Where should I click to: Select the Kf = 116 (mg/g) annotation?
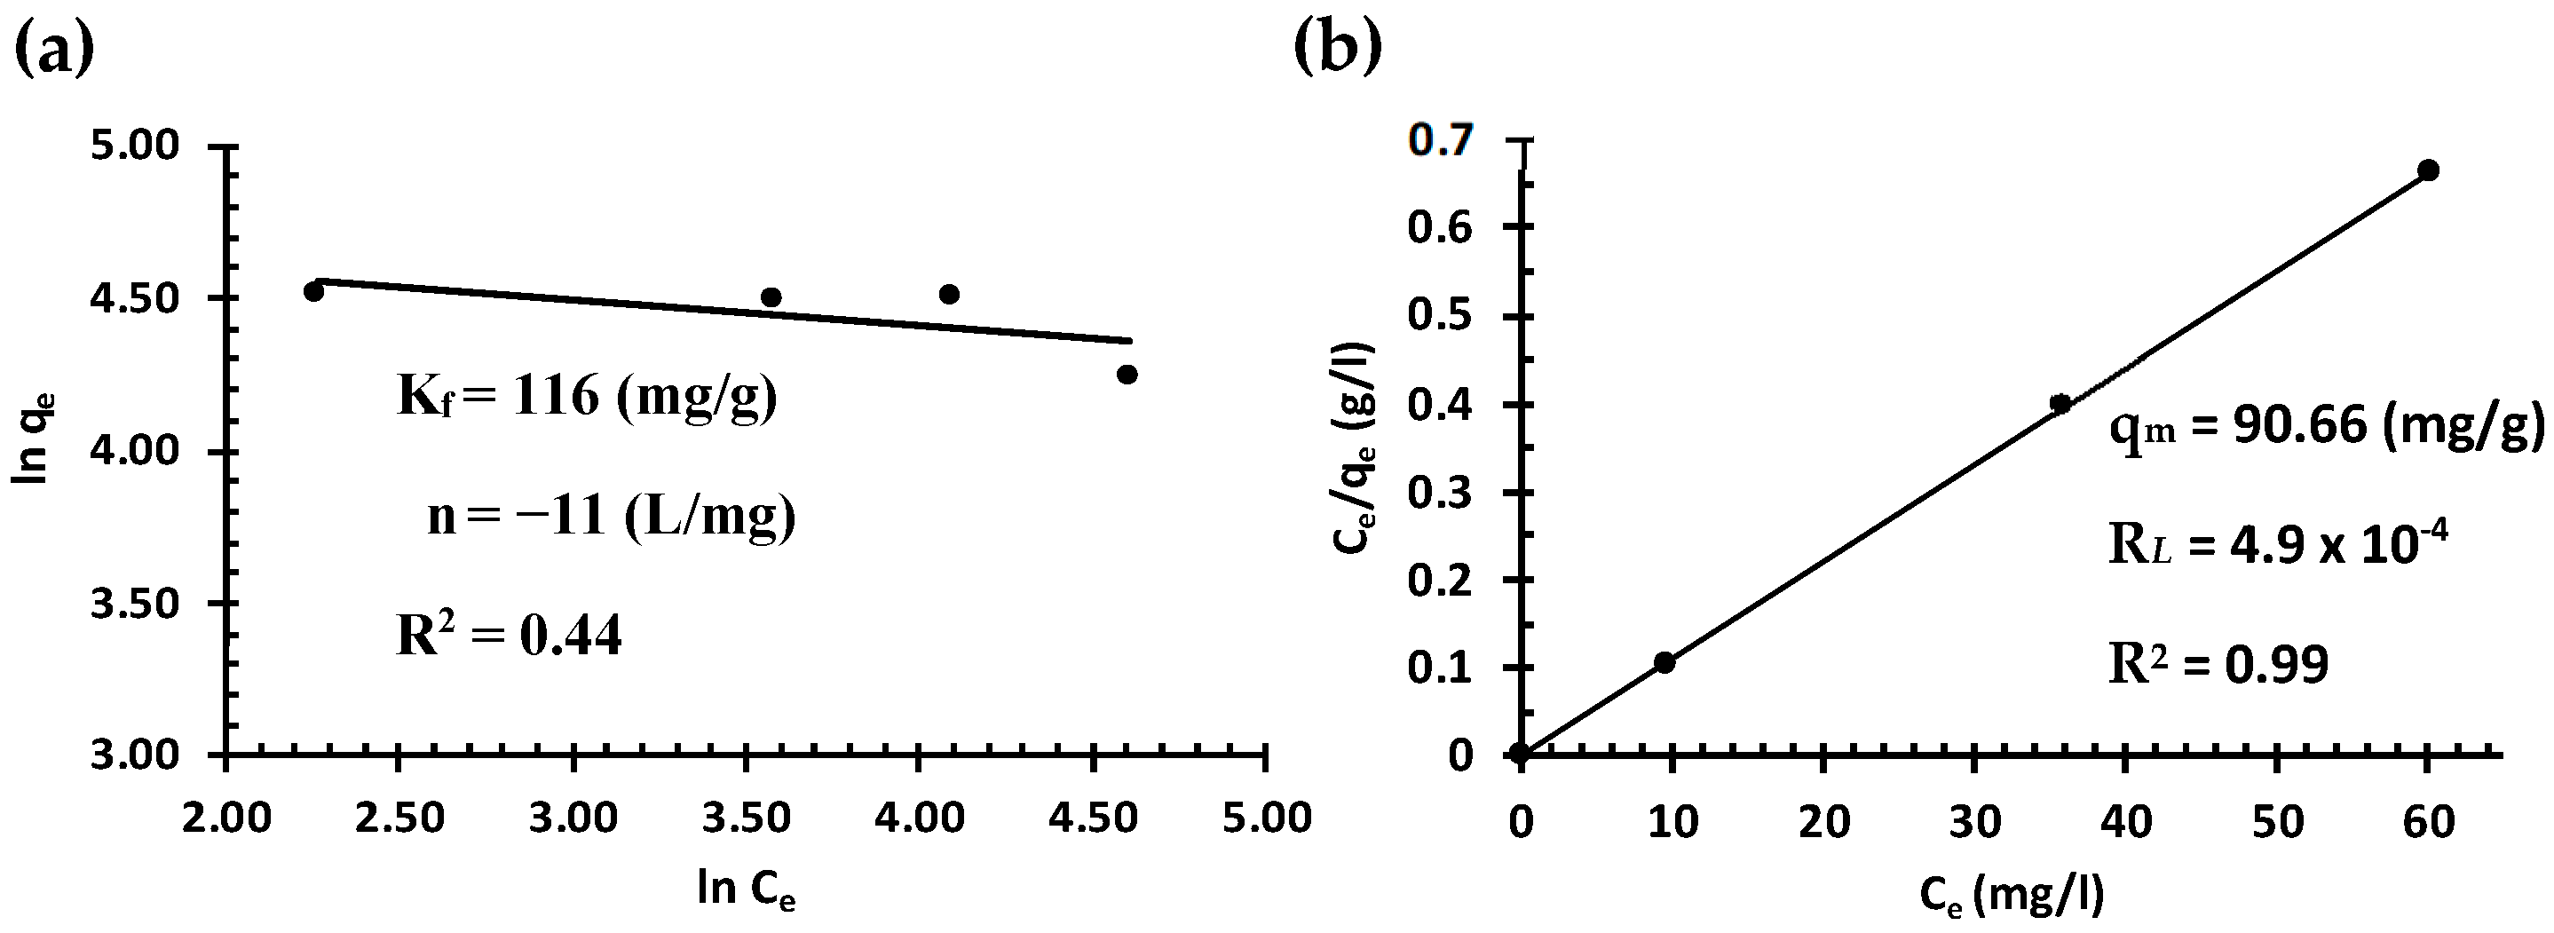point(587,398)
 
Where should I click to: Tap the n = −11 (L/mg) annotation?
point(611,517)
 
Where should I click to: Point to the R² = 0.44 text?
point(509,636)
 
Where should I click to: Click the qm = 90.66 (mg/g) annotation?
point(2326,427)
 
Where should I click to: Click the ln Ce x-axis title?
point(746,890)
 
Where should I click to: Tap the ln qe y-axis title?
point(34,438)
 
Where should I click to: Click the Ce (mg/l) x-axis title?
point(2012,896)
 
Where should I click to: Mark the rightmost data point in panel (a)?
point(1127,375)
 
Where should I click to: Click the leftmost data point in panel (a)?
point(313,291)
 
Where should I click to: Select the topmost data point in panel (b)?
point(2428,170)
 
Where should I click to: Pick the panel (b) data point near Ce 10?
point(1664,662)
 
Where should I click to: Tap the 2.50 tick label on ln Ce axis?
point(399,819)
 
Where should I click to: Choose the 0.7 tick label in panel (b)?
point(1441,142)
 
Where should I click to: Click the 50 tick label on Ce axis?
point(2277,823)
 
